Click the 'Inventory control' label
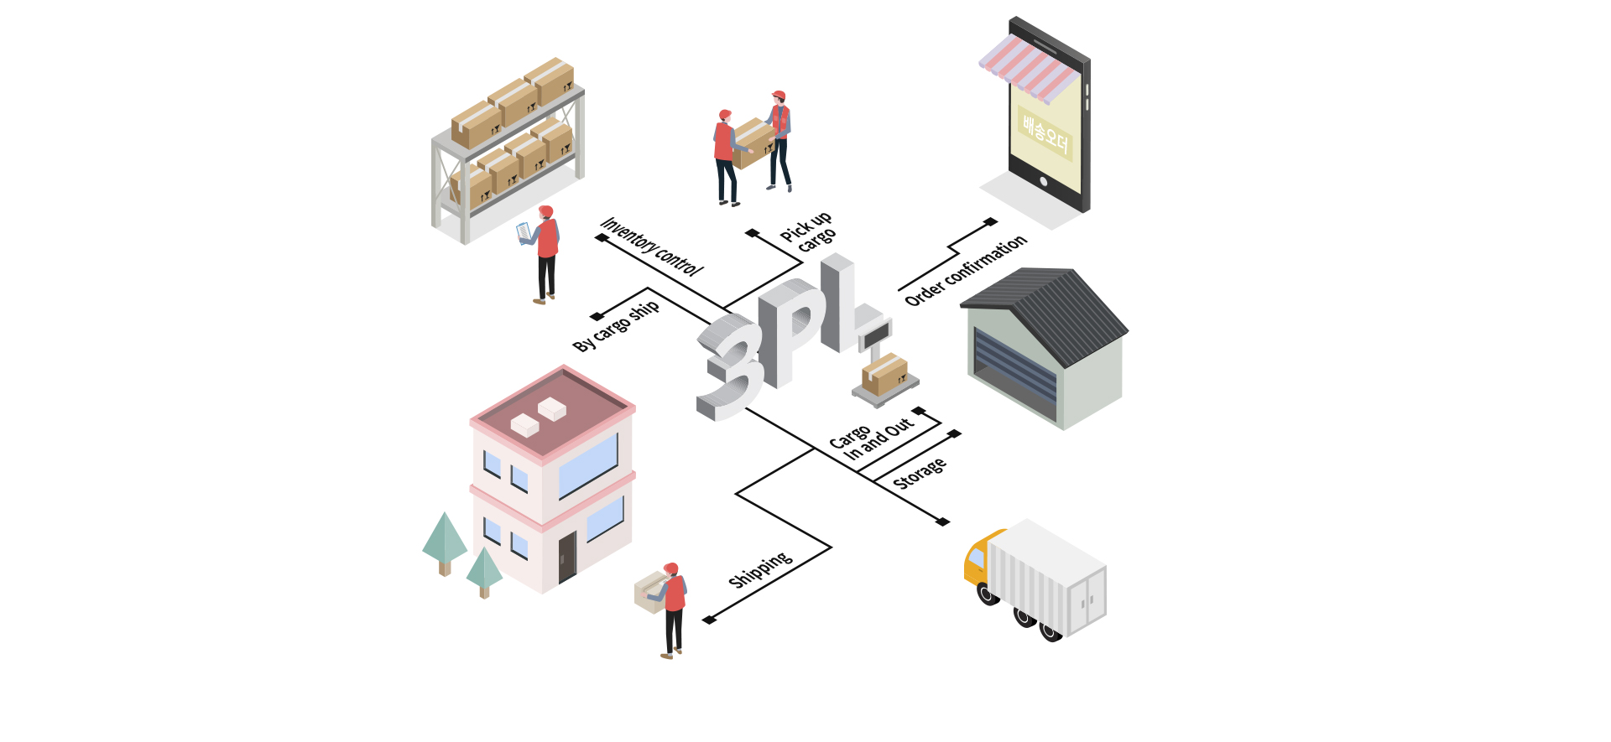[x=652, y=246]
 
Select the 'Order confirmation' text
[x=965, y=270]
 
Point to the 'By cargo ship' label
[x=616, y=325]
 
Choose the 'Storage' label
[x=919, y=474]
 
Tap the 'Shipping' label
[x=760, y=570]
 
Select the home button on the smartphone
[x=1044, y=180]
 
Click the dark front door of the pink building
[x=568, y=556]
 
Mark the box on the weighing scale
[x=884, y=373]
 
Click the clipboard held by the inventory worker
[x=524, y=232]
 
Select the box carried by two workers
[x=753, y=143]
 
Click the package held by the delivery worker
[x=651, y=591]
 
